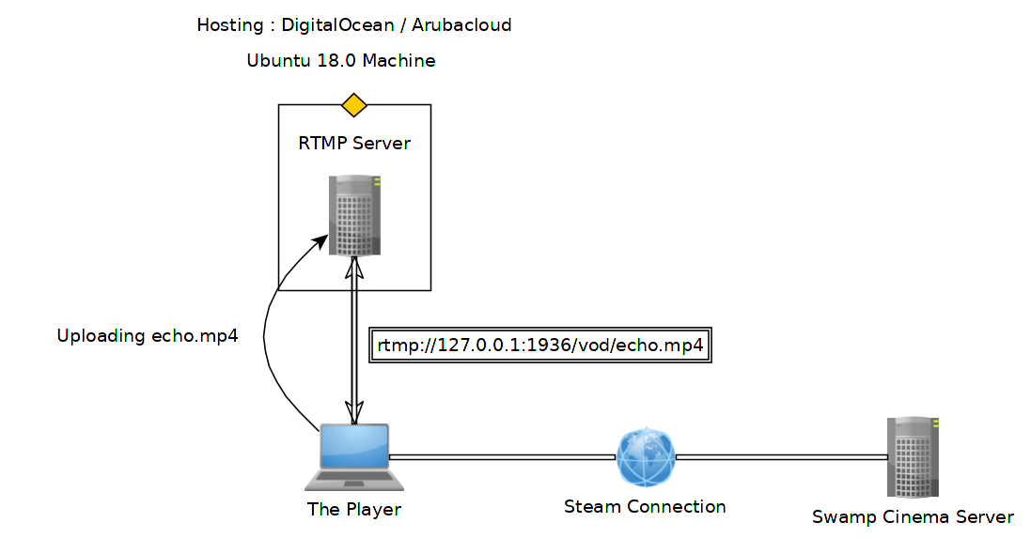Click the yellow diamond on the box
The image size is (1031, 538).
coord(353,104)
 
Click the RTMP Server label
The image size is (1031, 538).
coord(354,144)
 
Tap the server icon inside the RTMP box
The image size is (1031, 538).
coord(354,214)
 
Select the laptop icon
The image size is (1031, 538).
coord(353,456)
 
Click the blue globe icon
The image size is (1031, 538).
coord(646,456)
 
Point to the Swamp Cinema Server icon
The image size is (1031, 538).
coord(912,456)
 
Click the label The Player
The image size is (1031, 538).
coord(353,510)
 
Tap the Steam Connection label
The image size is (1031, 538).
coord(645,507)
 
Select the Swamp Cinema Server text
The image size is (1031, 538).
coord(913,517)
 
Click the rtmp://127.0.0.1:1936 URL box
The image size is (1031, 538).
coord(540,345)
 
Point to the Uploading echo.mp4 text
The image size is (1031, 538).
coord(148,336)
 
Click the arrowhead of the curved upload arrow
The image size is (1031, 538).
coord(321,241)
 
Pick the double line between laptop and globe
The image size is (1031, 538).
coord(502,456)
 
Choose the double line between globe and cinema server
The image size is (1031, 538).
coord(781,456)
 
